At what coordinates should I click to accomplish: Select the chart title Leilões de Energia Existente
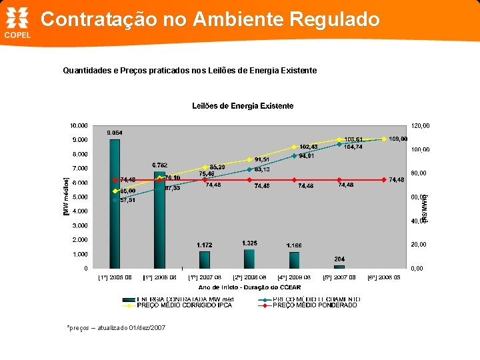pyautogui.click(x=243, y=106)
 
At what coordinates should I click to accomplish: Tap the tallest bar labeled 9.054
pyautogui.click(x=115, y=203)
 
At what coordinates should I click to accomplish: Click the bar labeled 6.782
pyautogui.click(x=159, y=220)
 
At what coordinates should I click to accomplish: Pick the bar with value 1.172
pyautogui.click(x=205, y=259)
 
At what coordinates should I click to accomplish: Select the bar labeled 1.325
pyautogui.click(x=249, y=259)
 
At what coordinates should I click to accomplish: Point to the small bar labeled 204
pyautogui.click(x=339, y=267)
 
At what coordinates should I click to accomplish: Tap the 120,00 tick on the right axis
pyautogui.click(x=420, y=125)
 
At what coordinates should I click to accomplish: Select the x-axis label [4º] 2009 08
pyautogui.click(x=294, y=277)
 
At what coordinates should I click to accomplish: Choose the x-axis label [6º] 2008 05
pyautogui.click(x=384, y=277)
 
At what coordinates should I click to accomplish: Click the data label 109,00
pyautogui.click(x=398, y=139)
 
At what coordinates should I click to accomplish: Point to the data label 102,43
pyautogui.click(x=309, y=147)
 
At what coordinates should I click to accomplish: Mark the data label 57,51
pyautogui.click(x=127, y=200)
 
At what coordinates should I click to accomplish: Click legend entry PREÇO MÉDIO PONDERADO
pyautogui.click(x=315, y=305)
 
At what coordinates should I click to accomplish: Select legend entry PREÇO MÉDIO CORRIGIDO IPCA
pyautogui.click(x=184, y=305)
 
